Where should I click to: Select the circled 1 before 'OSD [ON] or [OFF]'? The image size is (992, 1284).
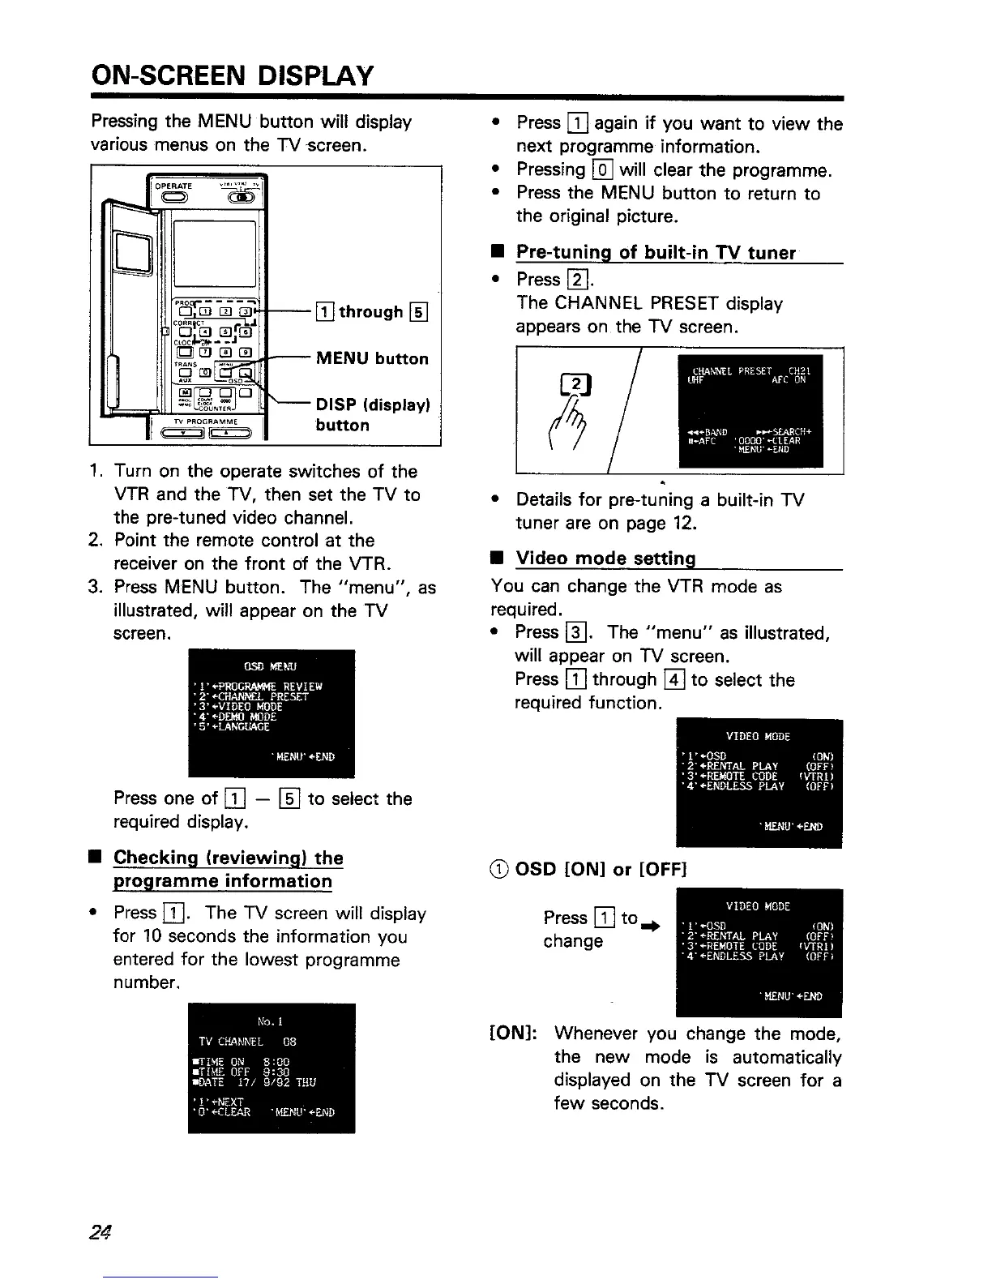[500, 870]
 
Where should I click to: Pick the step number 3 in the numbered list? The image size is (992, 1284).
[94, 587]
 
